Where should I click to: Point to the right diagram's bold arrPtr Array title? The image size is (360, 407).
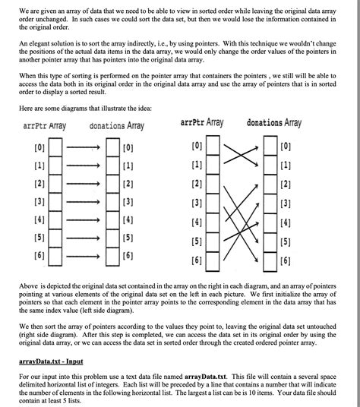click(x=202, y=122)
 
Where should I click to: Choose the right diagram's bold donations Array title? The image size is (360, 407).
click(x=274, y=122)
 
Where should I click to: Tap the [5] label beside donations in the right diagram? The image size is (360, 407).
click(x=285, y=242)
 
